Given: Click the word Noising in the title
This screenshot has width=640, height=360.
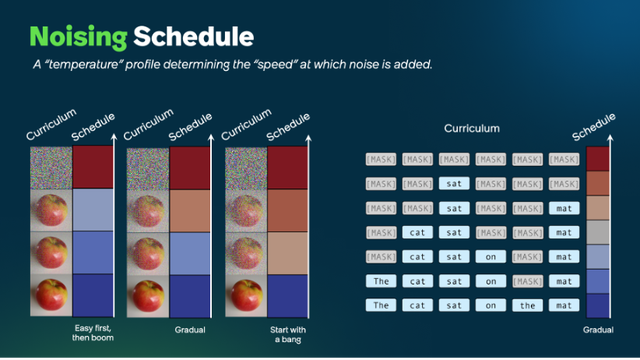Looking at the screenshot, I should tap(77, 38).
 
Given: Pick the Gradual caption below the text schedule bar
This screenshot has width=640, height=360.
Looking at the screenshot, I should tap(598, 328).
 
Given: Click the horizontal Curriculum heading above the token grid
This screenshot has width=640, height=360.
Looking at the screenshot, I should tap(472, 129).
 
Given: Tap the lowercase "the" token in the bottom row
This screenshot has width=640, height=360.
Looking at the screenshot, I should tap(528, 305).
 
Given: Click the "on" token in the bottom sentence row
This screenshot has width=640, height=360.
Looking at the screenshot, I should tap(491, 305).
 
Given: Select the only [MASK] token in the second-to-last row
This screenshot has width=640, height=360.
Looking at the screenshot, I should tap(528, 281).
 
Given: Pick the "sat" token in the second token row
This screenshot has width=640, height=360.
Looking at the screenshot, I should tap(454, 183).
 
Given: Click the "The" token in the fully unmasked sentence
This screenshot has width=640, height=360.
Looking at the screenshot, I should tap(380, 305).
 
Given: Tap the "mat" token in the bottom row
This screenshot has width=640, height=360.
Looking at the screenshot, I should tap(564, 305).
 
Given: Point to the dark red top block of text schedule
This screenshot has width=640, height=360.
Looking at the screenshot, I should tap(598, 158).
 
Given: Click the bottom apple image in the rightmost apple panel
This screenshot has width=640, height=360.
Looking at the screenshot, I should tap(245, 295).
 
